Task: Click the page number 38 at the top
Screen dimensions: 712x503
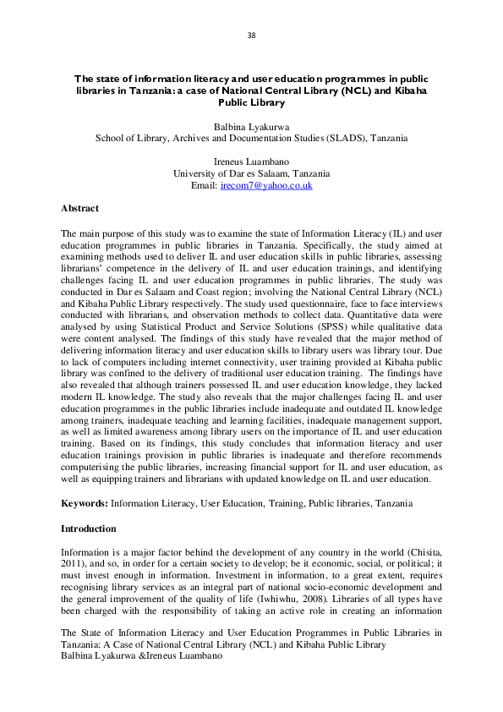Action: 251,36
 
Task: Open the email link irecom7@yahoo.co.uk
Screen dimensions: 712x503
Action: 266,185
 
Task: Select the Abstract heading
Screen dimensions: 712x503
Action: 79,208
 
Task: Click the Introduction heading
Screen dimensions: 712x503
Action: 88,529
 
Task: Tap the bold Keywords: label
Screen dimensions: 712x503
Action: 85,503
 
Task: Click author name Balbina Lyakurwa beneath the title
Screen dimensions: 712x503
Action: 251,125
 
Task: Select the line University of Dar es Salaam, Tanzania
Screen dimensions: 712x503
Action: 251,173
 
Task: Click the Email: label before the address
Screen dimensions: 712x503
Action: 204,185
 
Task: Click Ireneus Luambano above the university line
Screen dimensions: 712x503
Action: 251,162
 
